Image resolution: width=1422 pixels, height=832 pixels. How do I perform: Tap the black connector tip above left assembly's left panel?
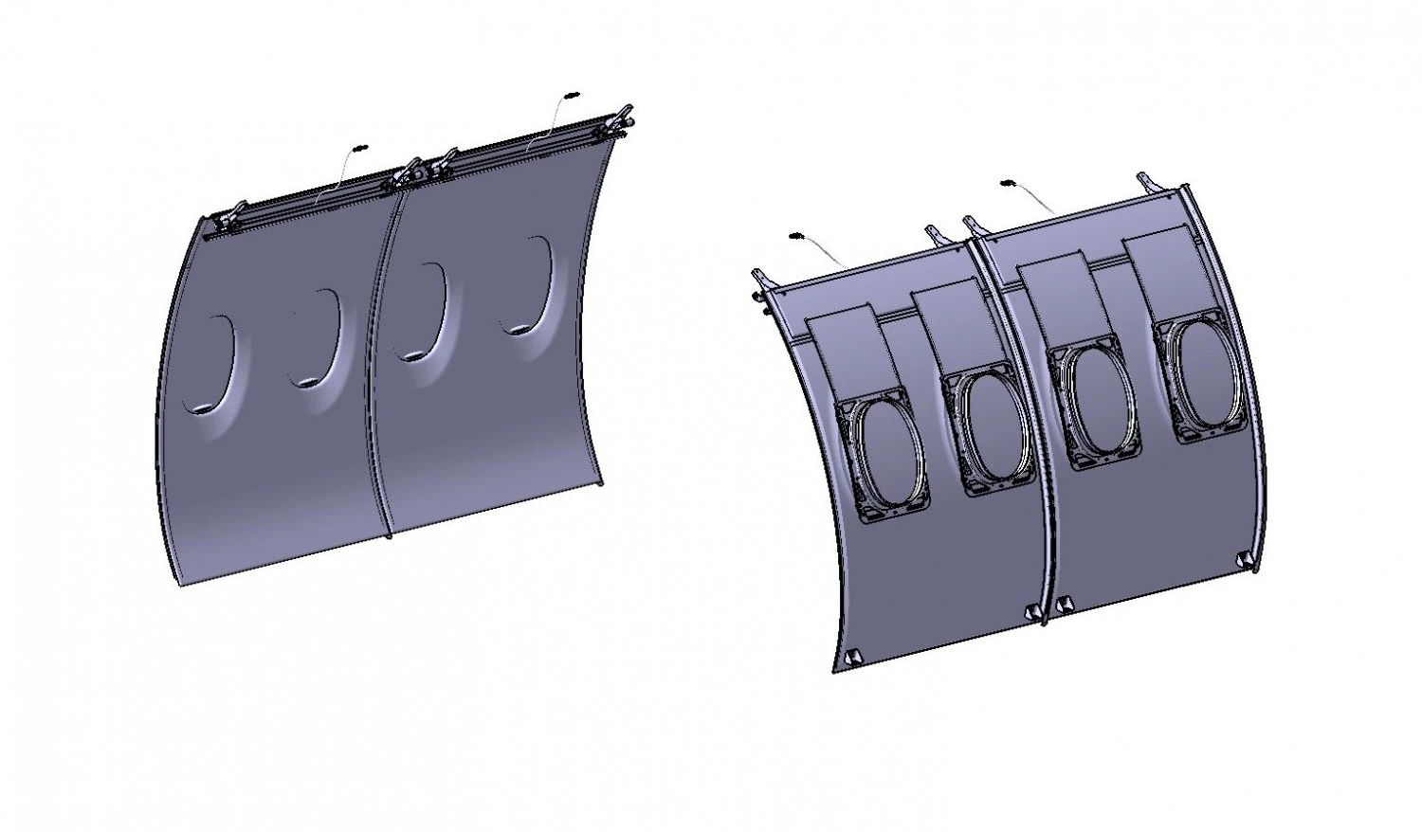[358, 149]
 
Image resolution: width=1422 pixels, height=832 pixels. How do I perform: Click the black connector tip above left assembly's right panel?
[571, 96]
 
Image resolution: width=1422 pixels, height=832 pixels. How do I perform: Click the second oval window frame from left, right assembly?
[989, 431]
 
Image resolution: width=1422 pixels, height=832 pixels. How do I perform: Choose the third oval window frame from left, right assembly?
[1100, 407]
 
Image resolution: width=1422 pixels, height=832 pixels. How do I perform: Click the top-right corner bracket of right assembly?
[1148, 179]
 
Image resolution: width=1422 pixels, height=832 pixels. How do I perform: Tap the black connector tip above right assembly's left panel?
[796, 234]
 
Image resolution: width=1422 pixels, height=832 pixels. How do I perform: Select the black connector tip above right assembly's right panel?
[1007, 181]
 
